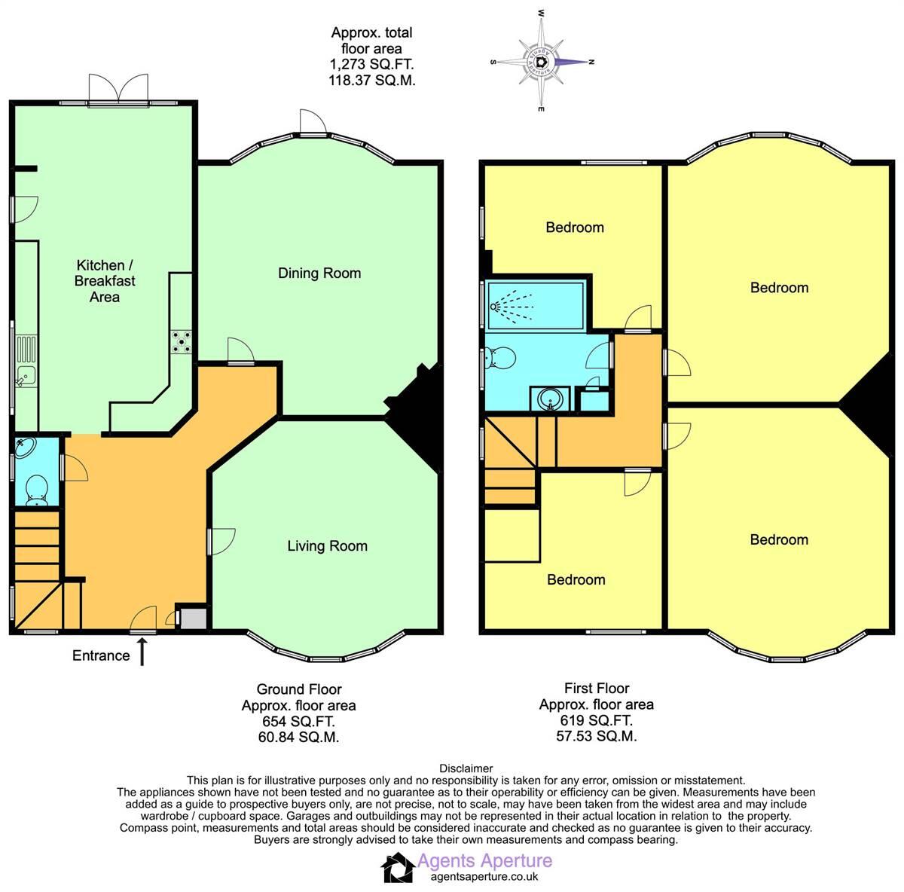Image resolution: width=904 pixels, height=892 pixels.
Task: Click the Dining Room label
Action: click(x=319, y=273)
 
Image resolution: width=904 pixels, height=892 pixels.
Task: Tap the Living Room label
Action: click(x=327, y=545)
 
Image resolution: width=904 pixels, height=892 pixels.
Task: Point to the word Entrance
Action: click(x=101, y=655)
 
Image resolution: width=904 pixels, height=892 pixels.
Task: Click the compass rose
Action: click(x=542, y=62)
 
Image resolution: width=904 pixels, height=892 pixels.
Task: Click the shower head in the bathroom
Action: click(x=495, y=307)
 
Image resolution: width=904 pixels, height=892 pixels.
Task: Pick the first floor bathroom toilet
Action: click(x=499, y=359)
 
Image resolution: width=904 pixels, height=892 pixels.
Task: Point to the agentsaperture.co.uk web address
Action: click(x=484, y=877)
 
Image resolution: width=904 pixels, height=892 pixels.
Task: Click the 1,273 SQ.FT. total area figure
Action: click(x=372, y=65)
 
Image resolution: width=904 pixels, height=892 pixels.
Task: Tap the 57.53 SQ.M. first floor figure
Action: click(x=596, y=736)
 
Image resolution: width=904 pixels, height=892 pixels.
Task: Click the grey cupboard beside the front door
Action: click(x=191, y=619)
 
